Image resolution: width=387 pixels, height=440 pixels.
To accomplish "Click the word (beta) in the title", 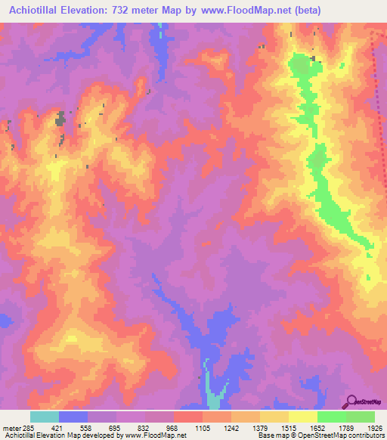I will click(x=307, y=11).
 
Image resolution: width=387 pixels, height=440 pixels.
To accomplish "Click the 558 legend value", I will click(x=102, y=426).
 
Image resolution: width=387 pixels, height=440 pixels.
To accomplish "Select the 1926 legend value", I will click(x=373, y=426).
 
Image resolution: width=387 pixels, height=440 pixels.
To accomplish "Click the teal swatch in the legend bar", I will click(x=45, y=417).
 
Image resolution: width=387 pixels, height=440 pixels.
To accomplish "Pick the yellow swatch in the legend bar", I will click(x=274, y=417).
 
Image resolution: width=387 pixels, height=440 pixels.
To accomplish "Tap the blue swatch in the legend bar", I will click(x=73, y=417).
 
